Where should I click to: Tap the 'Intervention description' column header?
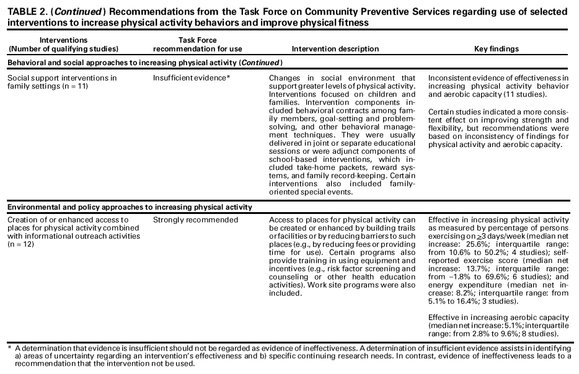coord(335,49)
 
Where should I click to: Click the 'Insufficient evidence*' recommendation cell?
coord(192,78)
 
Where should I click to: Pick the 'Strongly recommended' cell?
coord(195,220)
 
